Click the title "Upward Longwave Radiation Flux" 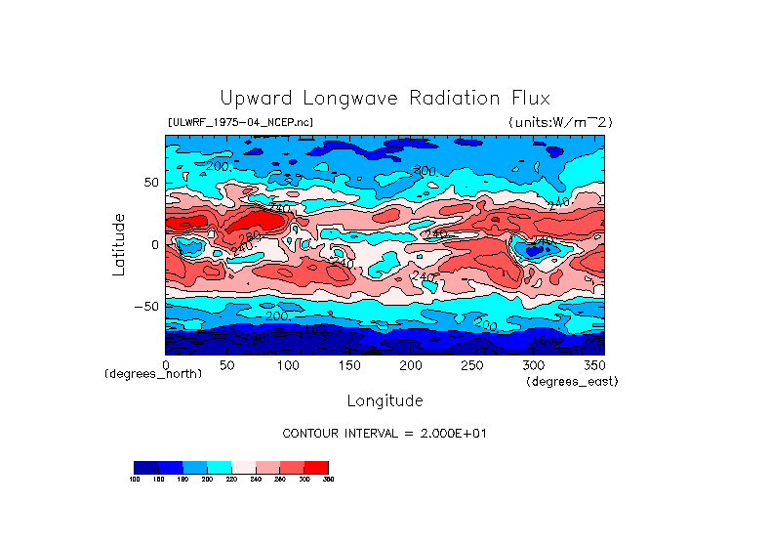click(385, 99)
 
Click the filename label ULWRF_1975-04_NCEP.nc click(240, 122)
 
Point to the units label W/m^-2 click(560, 122)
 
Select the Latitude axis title click(118, 244)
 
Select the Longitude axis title click(385, 400)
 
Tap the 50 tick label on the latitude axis click(150, 183)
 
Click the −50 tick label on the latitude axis click(146, 306)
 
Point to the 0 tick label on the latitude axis click(154, 244)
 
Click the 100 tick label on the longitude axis click(287, 365)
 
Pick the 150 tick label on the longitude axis click(348, 365)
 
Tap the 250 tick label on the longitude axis click(470, 365)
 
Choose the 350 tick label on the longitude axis click(592, 365)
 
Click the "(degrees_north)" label click(153, 374)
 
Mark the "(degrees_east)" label click(572, 381)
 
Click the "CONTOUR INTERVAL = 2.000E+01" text click(385, 433)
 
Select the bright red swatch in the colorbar click(316, 467)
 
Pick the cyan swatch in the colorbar click(219, 467)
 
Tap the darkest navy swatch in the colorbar click(145, 467)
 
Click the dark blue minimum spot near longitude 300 click(533, 250)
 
